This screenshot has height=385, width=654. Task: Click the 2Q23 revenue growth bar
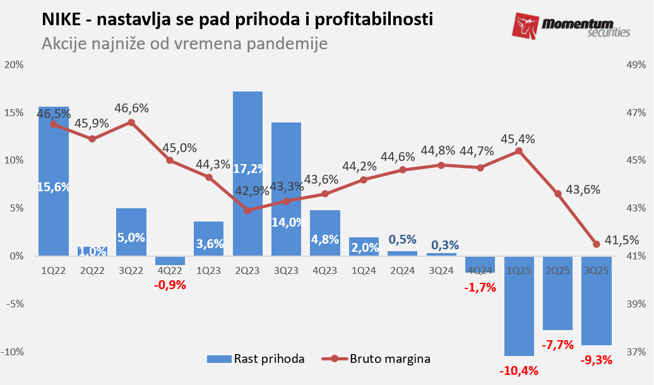247,139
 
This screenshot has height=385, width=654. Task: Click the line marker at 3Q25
597,244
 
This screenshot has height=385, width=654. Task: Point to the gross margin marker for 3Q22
131,122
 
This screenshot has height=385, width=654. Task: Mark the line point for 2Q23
247,210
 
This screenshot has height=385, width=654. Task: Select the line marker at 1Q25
519,151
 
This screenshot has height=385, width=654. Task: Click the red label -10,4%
519,370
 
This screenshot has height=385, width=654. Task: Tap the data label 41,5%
622,240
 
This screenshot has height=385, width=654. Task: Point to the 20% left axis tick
14,65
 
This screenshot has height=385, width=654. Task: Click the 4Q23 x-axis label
324,270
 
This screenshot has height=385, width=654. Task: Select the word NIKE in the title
60,20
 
